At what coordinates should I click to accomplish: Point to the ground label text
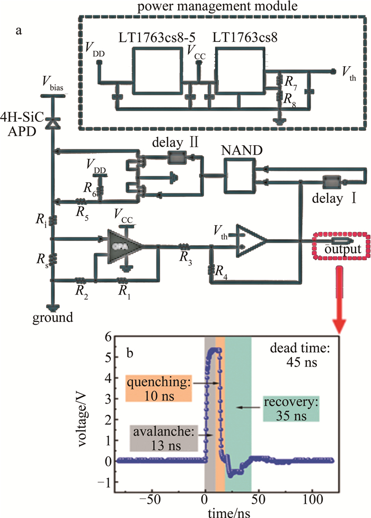(x=52, y=318)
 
